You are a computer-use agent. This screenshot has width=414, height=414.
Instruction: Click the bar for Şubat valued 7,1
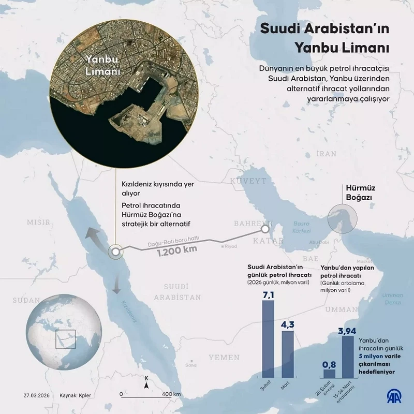[x=268, y=339]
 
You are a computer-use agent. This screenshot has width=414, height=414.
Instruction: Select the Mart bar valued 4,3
[x=288, y=354]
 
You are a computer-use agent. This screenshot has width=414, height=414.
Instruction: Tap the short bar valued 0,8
[x=329, y=373]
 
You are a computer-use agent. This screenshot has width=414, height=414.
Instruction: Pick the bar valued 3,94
[x=348, y=357]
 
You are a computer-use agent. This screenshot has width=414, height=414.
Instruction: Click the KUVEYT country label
[x=248, y=181]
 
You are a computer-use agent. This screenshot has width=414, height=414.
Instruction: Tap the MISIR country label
[x=39, y=223]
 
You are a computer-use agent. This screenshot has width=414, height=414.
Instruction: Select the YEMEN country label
[x=224, y=357]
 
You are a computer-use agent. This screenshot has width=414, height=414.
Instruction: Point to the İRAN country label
[x=326, y=154]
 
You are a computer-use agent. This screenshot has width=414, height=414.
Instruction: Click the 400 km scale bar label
[x=171, y=394]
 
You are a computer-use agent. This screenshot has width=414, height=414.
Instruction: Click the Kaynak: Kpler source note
[x=75, y=395]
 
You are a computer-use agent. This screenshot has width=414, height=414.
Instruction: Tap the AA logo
[x=393, y=395]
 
